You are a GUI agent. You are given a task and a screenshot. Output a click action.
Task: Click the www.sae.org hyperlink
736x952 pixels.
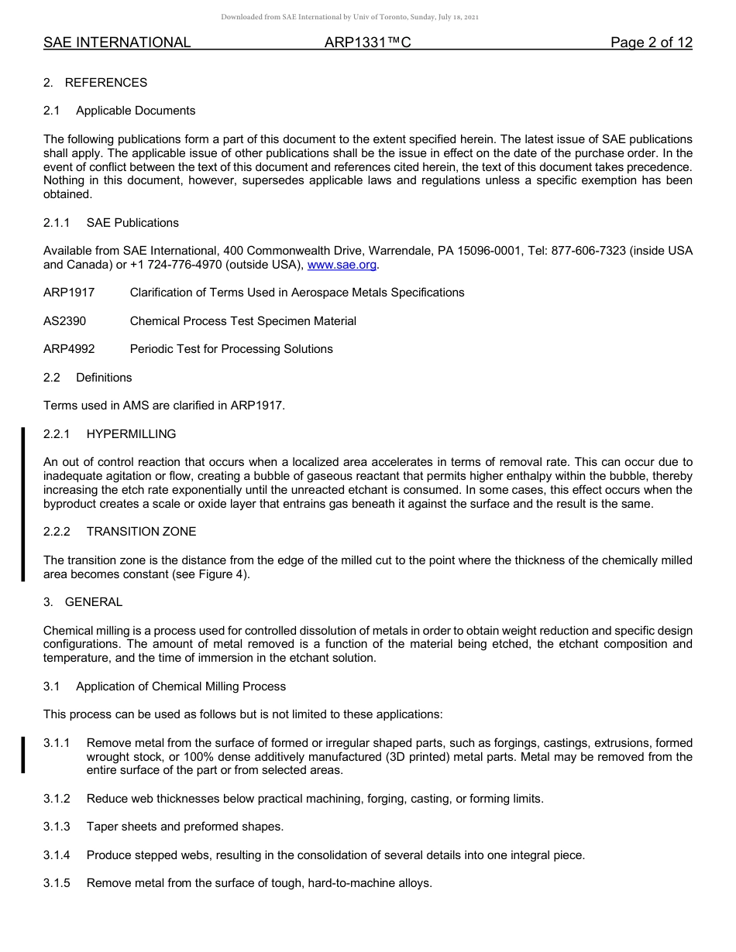(342, 265)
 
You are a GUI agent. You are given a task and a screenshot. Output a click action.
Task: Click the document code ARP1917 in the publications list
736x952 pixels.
(69, 293)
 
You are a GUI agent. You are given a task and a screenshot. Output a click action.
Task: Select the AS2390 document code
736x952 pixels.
(64, 320)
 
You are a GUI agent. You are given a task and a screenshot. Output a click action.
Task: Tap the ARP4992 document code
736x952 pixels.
(69, 349)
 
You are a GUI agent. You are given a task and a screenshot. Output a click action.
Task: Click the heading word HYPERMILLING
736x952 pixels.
(131, 434)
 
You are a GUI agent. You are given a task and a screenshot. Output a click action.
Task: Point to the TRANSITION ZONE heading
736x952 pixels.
(141, 532)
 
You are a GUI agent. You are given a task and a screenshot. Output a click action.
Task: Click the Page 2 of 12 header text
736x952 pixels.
(651, 43)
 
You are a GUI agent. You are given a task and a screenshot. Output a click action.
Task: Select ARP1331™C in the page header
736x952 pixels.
(367, 43)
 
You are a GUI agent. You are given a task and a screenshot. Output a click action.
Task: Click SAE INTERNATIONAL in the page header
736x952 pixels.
(117, 43)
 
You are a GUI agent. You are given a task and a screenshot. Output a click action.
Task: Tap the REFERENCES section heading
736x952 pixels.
(106, 83)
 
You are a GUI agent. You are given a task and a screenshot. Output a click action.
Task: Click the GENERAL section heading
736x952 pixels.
(94, 602)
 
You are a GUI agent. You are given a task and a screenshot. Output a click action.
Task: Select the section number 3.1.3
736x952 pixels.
(57, 827)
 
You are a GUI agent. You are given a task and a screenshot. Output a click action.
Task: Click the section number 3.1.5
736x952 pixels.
(57, 883)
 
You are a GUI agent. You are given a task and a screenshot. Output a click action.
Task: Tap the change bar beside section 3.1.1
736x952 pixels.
(23, 755)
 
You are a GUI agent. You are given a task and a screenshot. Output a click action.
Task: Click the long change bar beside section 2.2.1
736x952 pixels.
(23, 503)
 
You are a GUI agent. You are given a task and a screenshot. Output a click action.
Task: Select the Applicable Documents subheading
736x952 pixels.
(136, 111)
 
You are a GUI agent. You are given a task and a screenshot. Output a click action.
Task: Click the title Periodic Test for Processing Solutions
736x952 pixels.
(231, 349)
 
